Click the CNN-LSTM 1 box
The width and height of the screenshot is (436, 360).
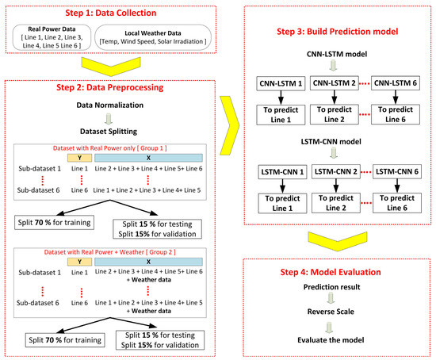click(282, 82)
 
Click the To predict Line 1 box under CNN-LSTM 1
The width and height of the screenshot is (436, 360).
click(282, 113)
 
